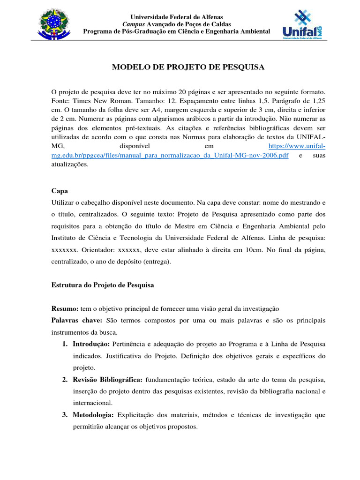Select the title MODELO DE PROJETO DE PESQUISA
point(188,67)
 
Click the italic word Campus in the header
point(134,24)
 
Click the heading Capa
point(60,191)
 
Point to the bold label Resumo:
point(65,309)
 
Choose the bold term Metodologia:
point(93,415)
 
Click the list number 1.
point(65,344)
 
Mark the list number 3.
point(65,415)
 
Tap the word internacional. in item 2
point(92,403)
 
